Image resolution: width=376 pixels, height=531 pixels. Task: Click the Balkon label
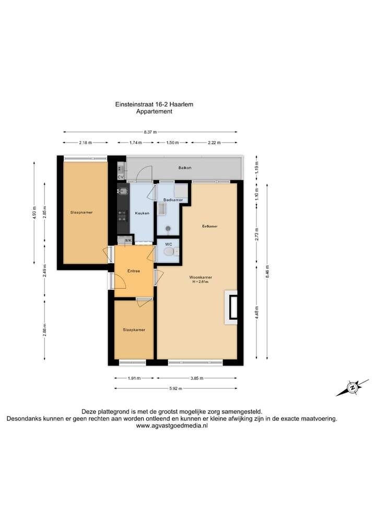[x=184, y=168]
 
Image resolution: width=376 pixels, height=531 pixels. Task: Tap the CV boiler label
[x=121, y=177]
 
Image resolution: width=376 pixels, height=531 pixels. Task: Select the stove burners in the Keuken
[x=122, y=214]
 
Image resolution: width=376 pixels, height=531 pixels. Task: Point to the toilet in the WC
[x=168, y=252]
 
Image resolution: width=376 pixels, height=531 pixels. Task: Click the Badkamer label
[x=172, y=200]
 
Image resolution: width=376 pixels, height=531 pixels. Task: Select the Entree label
[x=134, y=270]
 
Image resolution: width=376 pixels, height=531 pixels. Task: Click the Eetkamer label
[x=210, y=226]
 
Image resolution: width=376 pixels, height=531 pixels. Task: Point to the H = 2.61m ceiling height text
[x=201, y=282]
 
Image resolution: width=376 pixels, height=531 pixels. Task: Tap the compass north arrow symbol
[x=352, y=387]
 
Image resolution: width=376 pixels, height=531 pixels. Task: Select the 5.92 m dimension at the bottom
[x=175, y=388]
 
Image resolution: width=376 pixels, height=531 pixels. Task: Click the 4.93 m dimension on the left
[x=34, y=214]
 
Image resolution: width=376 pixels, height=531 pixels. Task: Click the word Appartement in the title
[x=154, y=111]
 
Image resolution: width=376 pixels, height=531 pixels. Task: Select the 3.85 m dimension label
[x=196, y=378]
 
